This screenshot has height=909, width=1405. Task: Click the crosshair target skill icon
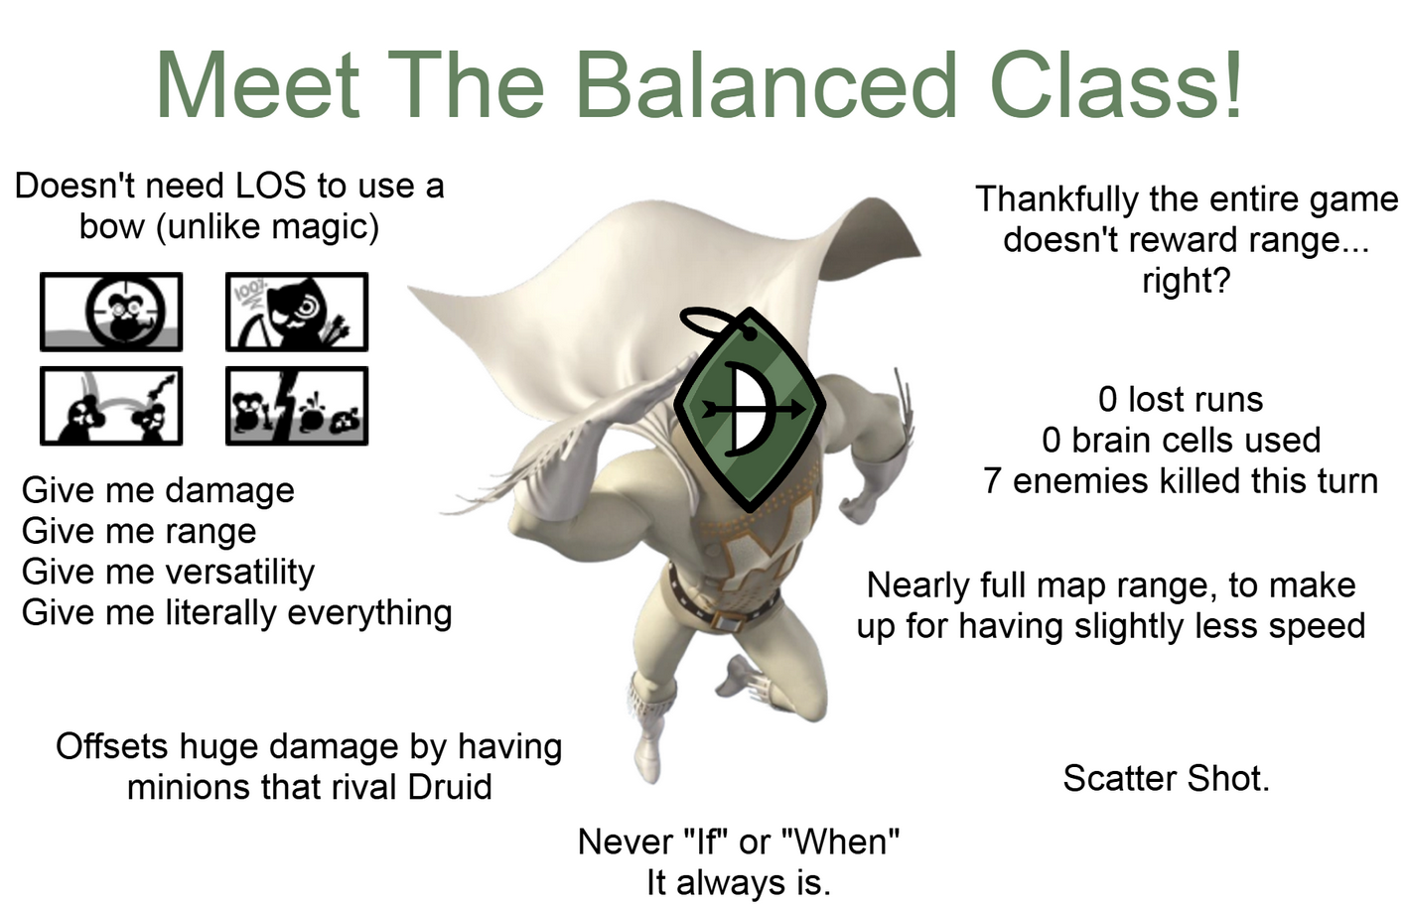coord(111,312)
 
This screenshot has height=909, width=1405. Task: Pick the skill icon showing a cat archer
coord(297,312)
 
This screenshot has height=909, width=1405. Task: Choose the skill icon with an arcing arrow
coord(111,406)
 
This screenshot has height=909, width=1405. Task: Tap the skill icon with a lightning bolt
coord(297,406)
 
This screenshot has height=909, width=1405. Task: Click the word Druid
coord(450,787)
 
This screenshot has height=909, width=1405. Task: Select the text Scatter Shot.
coord(1166,779)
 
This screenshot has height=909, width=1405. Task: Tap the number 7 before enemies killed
coord(992,481)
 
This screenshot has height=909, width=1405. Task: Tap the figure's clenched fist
coord(863,500)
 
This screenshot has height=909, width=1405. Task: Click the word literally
coord(220,613)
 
